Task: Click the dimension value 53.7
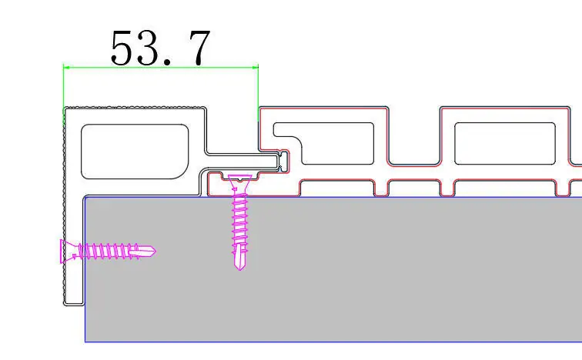click(x=160, y=48)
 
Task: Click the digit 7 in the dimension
click(x=199, y=48)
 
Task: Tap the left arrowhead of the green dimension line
click(x=66, y=67)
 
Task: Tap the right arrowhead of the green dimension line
click(x=255, y=67)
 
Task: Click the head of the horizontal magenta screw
click(x=66, y=252)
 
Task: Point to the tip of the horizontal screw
click(x=156, y=252)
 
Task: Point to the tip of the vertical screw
click(x=239, y=269)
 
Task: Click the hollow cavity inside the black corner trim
click(x=135, y=152)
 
